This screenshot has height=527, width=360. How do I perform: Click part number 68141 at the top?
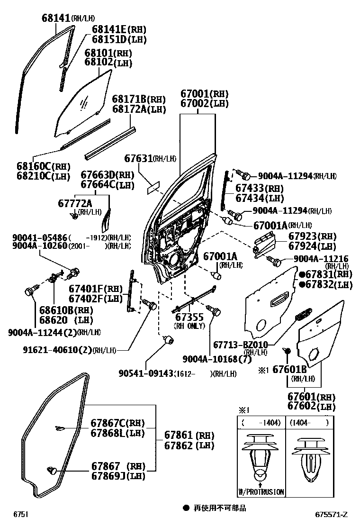[55, 18]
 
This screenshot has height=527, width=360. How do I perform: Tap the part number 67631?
[138, 158]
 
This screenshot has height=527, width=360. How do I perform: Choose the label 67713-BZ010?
[240, 344]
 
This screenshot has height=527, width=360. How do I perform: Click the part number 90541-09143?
[146, 373]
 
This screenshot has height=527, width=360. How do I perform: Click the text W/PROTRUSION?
[261, 492]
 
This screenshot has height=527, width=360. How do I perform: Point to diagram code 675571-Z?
[332, 514]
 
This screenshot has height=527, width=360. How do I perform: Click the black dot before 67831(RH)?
[301, 274]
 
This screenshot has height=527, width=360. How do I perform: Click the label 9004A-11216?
[321, 258]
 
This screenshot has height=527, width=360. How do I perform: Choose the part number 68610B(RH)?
[59, 310]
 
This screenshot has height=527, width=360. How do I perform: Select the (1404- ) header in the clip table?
[308, 422]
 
